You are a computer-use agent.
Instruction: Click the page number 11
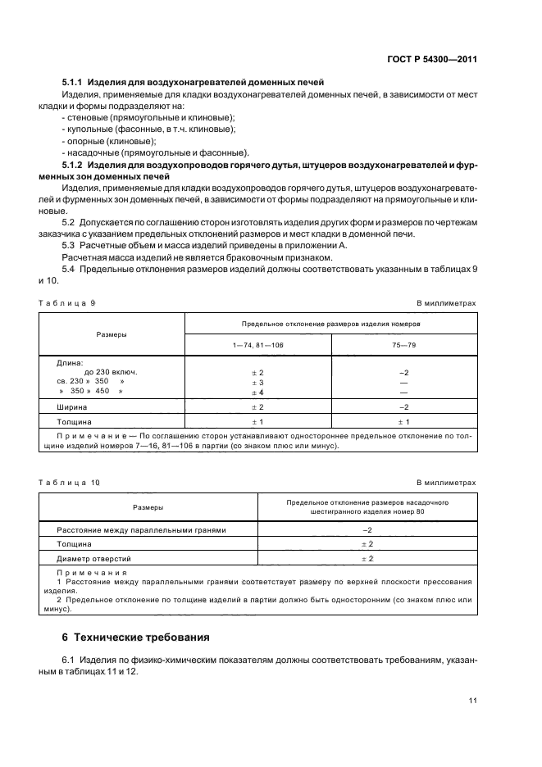click(x=471, y=700)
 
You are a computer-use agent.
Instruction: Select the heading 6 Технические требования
click(x=135, y=637)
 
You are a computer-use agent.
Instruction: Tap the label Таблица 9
click(x=66, y=303)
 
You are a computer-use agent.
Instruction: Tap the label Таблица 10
click(x=69, y=483)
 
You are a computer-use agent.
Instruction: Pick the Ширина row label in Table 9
click(x=72, y=406)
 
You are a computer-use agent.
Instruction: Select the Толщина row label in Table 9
click(x=75, y=421)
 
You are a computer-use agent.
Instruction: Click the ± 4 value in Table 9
click(x=257, y=392)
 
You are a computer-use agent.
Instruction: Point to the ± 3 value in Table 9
click(x=257, y=382)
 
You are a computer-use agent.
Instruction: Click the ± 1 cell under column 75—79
click(x=403, y=421)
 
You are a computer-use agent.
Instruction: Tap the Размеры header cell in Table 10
click(x=148, y=507)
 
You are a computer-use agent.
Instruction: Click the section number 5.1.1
click(x=74, y=83)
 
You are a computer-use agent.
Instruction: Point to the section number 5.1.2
click(x=74, y=165)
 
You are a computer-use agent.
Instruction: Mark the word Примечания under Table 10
click(x=92, y=572)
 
